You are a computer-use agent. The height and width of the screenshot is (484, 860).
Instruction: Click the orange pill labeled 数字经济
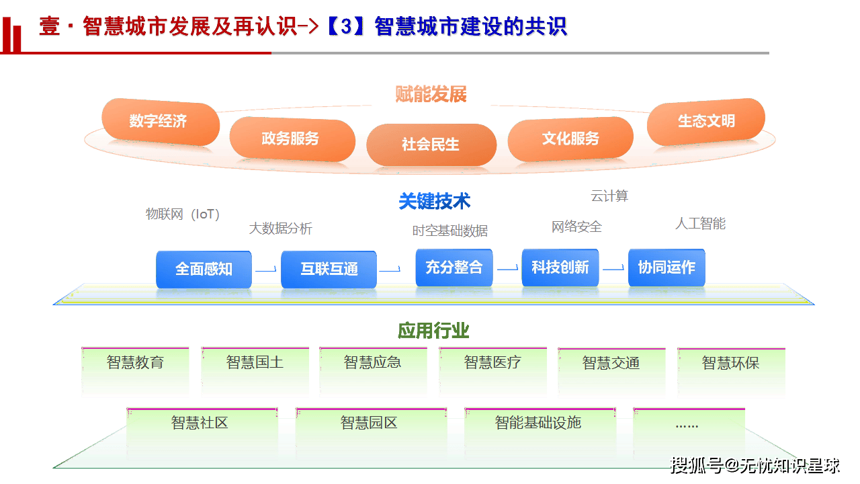click(x=160, y=122)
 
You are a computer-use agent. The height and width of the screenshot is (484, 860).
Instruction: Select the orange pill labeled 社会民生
click(x=431, y=144)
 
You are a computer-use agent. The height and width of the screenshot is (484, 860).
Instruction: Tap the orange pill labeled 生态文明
click(x=705, y=122)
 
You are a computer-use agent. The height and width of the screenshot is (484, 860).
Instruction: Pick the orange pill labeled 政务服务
click(x=291, y=139)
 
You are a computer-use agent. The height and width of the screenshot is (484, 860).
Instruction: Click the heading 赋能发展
click(x=431, y=95)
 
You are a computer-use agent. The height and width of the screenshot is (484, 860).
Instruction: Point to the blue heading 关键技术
click(x=434, y=201)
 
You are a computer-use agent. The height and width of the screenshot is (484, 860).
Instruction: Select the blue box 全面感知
click(x=204, y=269)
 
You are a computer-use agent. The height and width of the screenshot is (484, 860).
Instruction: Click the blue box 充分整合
click(x=454, y=267)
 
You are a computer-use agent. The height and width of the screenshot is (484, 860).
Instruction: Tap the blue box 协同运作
click(x=666, y=267)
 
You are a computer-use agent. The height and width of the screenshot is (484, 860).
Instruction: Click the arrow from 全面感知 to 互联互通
click(x=266, y=270)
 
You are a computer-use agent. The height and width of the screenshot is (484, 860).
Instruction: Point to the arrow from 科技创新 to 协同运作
click(x=613, y=269)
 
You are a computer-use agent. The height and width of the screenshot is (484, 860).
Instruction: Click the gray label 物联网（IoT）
click(x=183, y=214)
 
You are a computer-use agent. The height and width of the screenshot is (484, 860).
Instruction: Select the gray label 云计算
click(x=609, y=196)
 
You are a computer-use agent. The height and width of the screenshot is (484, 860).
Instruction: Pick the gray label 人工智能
click(x=700, y=224)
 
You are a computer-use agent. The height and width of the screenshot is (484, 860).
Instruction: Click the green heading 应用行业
click(x=433, y=331)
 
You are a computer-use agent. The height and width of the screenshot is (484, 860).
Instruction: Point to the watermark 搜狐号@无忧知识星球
click(x=755, y=465)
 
